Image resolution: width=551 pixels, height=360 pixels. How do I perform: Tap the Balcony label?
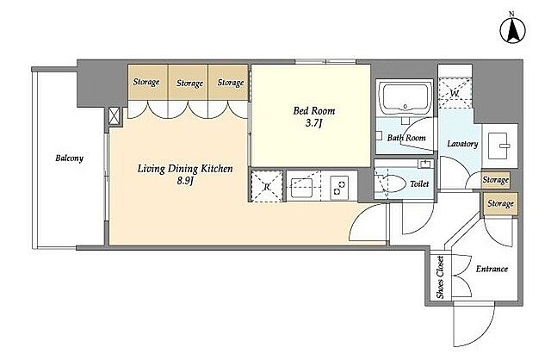click(70, 158)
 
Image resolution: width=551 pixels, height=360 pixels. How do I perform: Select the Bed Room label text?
click(313, 111)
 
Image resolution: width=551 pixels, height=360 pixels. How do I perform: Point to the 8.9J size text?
click(185, 181)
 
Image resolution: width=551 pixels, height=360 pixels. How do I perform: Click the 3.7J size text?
click(313, 124)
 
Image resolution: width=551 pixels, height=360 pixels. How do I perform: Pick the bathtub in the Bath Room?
click(406, 96)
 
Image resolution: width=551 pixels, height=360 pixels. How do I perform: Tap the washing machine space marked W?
click(455, 92)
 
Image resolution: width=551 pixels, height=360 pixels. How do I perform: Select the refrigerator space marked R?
click(267, 186)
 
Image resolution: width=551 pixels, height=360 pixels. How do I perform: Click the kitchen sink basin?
click(302, 188)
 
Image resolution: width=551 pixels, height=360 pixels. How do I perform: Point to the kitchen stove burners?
click(339, 187)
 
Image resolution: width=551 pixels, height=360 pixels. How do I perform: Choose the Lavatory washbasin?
click(498, 146)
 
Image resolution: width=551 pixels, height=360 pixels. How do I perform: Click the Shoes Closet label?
click(440, 277)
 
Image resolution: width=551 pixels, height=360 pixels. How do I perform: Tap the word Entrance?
click(492, 269)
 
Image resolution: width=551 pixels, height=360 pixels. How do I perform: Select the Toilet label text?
click(419, 183)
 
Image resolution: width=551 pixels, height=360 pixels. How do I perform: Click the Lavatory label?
click(462, 144)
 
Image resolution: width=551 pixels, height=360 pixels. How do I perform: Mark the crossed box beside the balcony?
click(114, 116)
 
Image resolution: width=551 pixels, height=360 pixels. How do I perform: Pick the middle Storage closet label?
click(189, 84)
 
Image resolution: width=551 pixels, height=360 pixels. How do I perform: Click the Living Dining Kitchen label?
click(185, 169)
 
